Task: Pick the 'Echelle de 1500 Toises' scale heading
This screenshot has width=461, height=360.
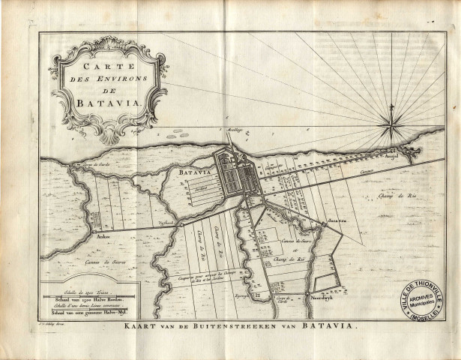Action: (75, 289)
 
